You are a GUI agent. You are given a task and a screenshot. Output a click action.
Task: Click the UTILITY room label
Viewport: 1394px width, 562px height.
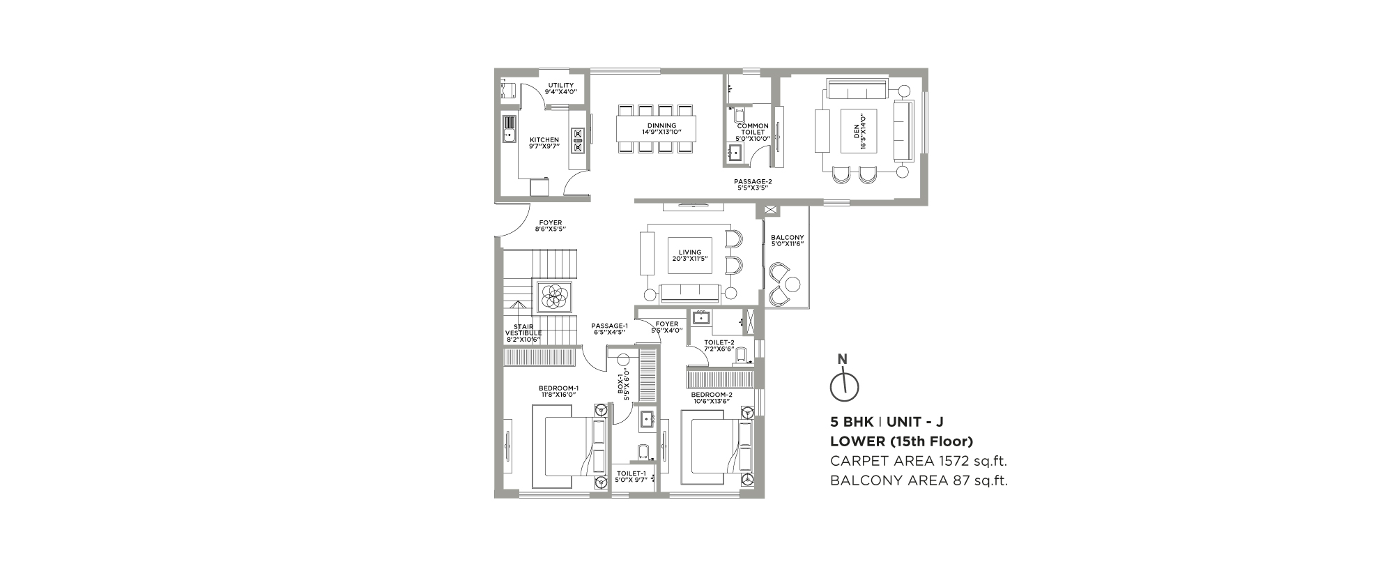560,89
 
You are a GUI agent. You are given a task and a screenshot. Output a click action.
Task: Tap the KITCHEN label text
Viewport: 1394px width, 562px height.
544,143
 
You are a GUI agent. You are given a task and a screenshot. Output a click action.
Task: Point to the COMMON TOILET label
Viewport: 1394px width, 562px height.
753,132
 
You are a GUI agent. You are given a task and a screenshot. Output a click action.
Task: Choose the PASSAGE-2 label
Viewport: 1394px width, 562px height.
753,184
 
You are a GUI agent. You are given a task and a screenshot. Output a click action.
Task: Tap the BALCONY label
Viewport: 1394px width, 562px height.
788,241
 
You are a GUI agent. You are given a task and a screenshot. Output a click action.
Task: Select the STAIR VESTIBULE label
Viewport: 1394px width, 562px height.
523,333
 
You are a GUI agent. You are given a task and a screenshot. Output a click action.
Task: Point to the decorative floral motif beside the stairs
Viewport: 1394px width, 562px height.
554,296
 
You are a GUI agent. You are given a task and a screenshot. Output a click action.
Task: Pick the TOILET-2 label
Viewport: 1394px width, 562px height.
719,346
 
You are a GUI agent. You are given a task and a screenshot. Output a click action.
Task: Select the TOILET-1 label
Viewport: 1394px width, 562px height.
631,477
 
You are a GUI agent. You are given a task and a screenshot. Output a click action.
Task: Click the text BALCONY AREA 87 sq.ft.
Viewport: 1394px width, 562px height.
919,480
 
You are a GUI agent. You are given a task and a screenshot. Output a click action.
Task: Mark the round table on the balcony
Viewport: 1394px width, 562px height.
793,284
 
